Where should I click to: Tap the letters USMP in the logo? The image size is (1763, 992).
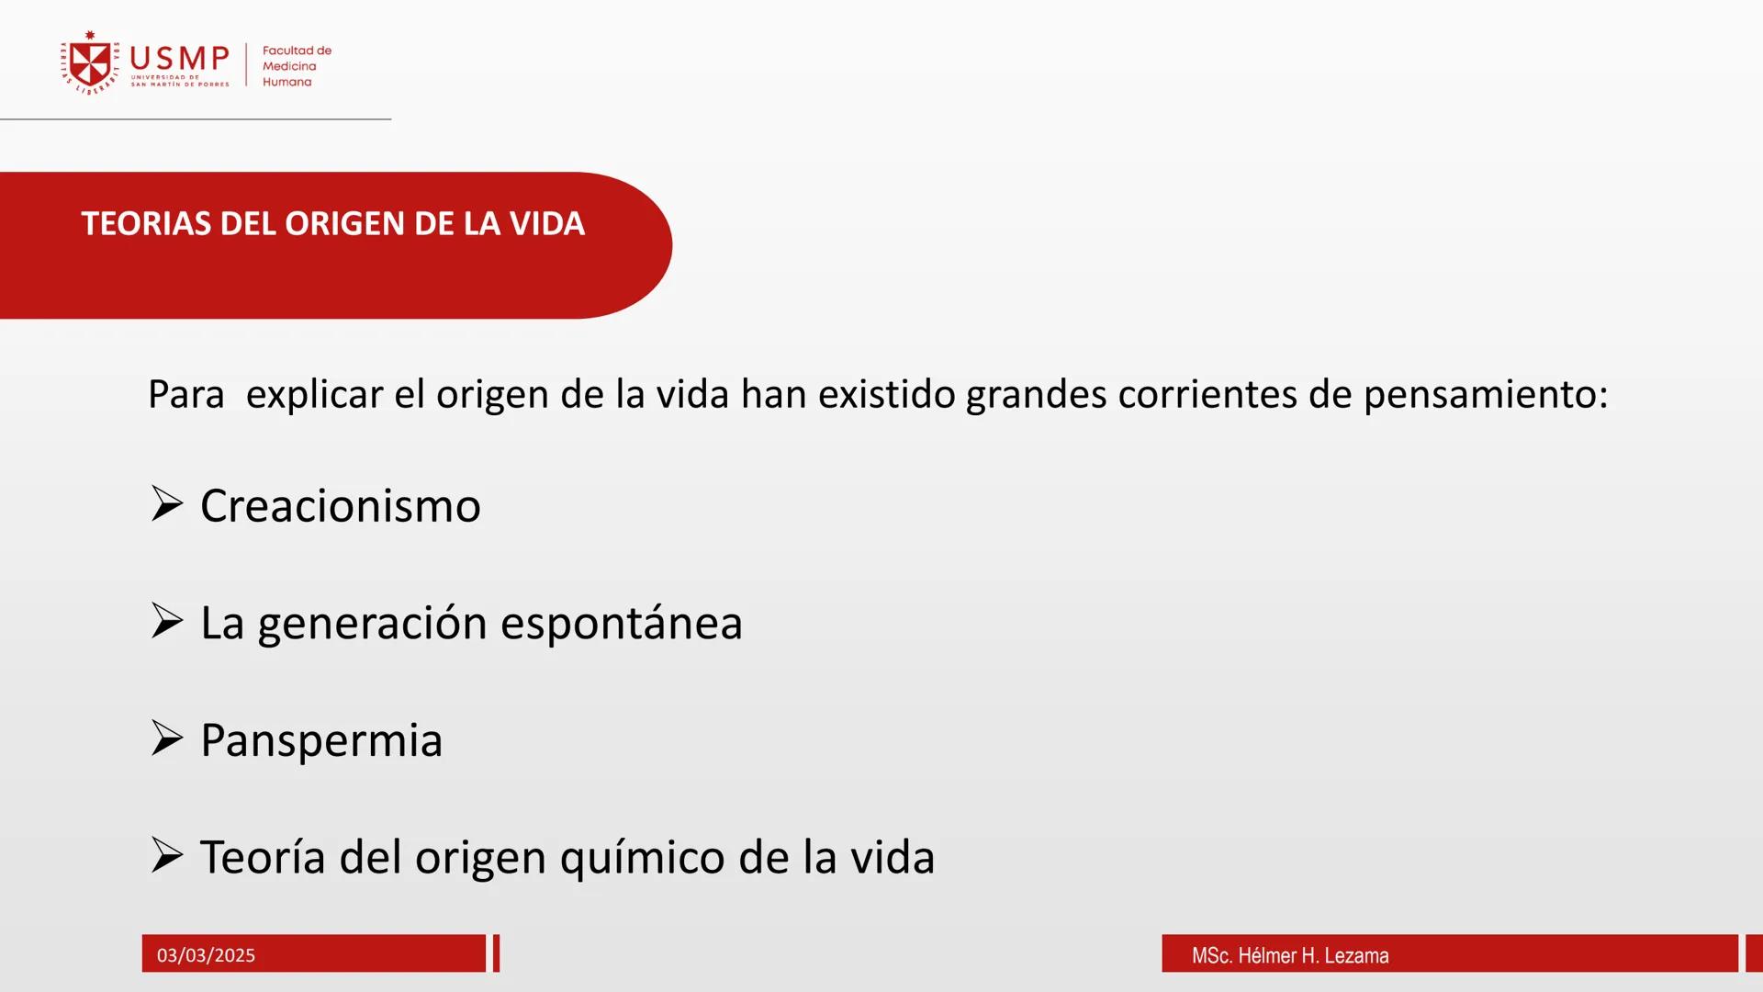click(x=180, y=59)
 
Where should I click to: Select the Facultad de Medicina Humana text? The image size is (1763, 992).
click(x=296, y=66)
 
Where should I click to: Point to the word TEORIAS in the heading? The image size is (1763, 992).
click(x=146, y=224)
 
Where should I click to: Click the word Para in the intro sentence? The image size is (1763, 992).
click(x=185, y=395)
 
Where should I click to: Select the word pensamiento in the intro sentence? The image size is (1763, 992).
click(x=1485, y=395)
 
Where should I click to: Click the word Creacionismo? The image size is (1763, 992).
click(x=340, y=506)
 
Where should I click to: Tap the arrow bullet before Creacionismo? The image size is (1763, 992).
click(x=167, y=504)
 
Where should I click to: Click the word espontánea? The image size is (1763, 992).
click(x=621, y=624)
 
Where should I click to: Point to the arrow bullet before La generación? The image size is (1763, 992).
click(x=167, y=621)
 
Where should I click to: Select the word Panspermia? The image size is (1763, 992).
click(x=321, y=740)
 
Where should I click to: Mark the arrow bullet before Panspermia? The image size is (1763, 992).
click(x=167, y=738)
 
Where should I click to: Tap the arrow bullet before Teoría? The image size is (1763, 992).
click(x=167, y=855)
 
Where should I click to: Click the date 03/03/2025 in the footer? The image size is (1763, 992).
click(x=206, y=955)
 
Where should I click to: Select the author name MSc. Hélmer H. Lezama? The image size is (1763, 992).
click(x=1290, y=955)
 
